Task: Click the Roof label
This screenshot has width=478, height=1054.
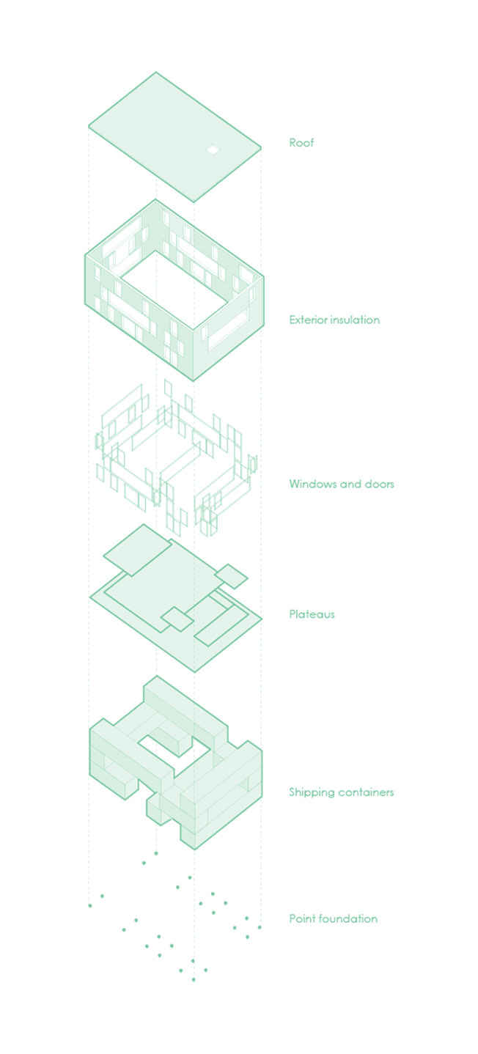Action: tap(301, 143)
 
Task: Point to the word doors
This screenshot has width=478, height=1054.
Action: tap(379, 484)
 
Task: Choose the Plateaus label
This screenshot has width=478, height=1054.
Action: tap(312, 614)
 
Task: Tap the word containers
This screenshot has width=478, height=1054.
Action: tap(366, 792)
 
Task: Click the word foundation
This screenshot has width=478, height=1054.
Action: tap(349, 919)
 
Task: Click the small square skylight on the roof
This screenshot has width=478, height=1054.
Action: tap(213, 150)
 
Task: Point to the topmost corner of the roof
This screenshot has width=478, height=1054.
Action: tap(155, 72)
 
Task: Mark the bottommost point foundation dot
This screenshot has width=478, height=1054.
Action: tap(194, 980)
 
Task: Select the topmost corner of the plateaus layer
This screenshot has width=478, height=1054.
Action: tap(144, 524)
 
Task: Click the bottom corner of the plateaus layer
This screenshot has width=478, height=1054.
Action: tap(194, 672)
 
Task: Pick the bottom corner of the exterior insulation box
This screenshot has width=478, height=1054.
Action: tap(194, 380)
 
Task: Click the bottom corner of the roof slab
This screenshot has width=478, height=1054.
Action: tap(194, 202)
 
